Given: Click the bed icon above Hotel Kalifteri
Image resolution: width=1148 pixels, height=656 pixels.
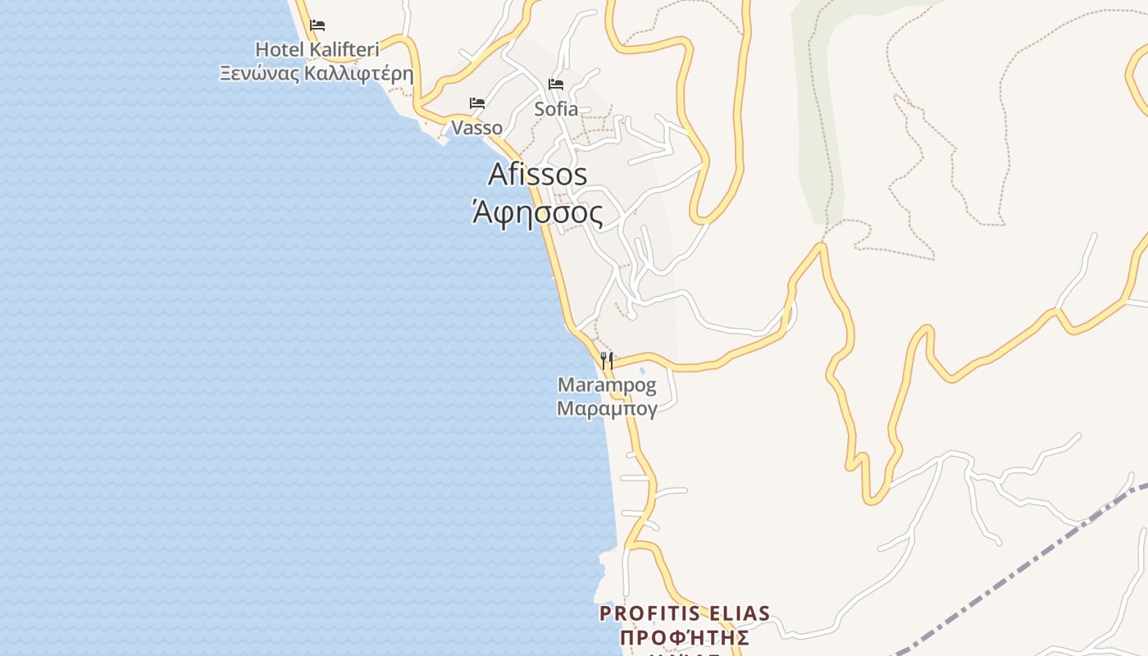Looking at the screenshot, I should pyautogui.click(x=317, y=25).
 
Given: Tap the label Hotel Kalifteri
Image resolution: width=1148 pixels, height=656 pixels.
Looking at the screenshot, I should pyautogui.click(x=317, y=49).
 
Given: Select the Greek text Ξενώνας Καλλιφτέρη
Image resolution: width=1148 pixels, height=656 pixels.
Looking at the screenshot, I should pyautogui.click(x=317, y=74).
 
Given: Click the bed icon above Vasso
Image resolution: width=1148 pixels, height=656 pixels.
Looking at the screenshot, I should pyautogui.click(x=477, y=103).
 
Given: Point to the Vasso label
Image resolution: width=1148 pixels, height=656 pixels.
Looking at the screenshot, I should pyautogui.click(x=477, y=128).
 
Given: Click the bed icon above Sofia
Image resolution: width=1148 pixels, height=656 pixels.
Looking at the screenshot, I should pyautogui.click(x=556, y=84).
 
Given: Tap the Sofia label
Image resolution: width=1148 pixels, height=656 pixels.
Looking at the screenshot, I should pyautogui.click(x=556, y=109).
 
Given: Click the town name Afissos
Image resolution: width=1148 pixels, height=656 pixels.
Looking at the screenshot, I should pyautogui.click(x=538, y=175).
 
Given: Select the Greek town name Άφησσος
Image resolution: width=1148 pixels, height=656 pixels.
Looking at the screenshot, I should pyautogui.click(x=538, y=213).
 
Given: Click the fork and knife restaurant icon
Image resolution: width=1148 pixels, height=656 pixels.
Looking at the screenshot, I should pyautogui.click(x=607, y=360).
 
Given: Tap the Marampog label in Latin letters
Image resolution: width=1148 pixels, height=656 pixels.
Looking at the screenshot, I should pyautogui.click(x=607, y=385).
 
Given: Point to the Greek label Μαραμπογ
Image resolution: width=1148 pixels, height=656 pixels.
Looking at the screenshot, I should pyautogui.click(x=607, y=408).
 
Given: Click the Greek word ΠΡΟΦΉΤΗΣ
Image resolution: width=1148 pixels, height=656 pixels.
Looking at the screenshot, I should pyautogui.click(x=685, y=638).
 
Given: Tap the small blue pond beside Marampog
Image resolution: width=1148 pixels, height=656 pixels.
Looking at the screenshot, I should pyautogui.click(x=641, y=371).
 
